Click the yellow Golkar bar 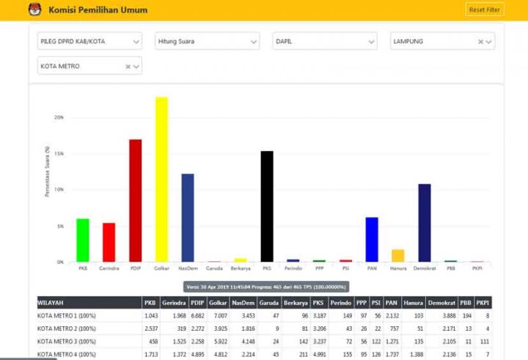[161, 180]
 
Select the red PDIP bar [135, 201]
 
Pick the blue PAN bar [372, 240]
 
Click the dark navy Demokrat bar [425, 223]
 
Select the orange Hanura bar [398, 256]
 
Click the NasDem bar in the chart [188, 218]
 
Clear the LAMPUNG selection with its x [481, 42]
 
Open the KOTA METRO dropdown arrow [136, 67]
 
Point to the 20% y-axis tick [59, 117]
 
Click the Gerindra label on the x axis [109, 268]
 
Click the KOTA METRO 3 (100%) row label [67, 341]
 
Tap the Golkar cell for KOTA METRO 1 [217, 315]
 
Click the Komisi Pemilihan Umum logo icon [34, 10]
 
